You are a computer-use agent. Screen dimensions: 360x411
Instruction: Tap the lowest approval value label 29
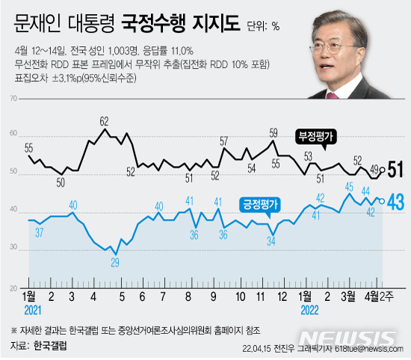coord(114,262)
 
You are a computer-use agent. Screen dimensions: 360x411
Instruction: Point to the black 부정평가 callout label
coord(318,137)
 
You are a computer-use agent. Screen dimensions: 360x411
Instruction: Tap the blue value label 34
coord(272,240)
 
